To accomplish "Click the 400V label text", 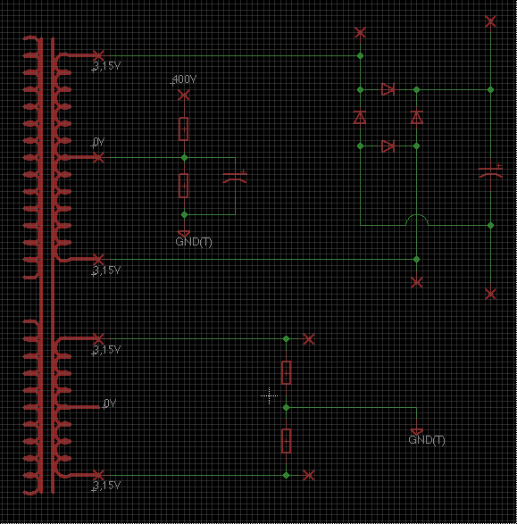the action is pyautogui.click(x=183, y=79).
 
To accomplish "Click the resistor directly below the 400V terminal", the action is pyautogui.click(x=183, y=129).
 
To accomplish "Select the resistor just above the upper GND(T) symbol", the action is pyautogui.click(x=183, y=186).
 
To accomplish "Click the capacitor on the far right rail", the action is pyautogui.click(x=490, y=171).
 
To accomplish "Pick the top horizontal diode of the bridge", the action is pyautogui.click(x=388, y=89).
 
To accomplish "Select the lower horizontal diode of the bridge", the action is pyautogui.click(x=388, y=146).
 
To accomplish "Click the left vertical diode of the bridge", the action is pyautogui.click(x=360, y=117).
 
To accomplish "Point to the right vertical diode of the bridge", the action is pyautogui.click(x=416, y=117).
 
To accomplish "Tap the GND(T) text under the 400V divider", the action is pyautogui.click(x=194, y=242).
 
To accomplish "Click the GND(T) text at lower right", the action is pyautogui.click(x=427, y=440).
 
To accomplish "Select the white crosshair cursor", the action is pyautogui.click(x=269, y=396).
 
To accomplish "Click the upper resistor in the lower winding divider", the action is pyautogui.click(x=286, y=372).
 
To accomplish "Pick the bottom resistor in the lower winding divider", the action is pyautogui.click(x=286, y=441).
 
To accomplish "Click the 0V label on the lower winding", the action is pyautogui.click(x=109, y=403).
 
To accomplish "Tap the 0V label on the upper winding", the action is pyautogui.click(x=97, y=142).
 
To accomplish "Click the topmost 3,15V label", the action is pyautogui.click(x=106, y=66).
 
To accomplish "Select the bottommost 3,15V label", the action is pyautogui.click(x=106, y=486).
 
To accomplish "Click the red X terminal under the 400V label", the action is pyautogui.click(x=184, y=96).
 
